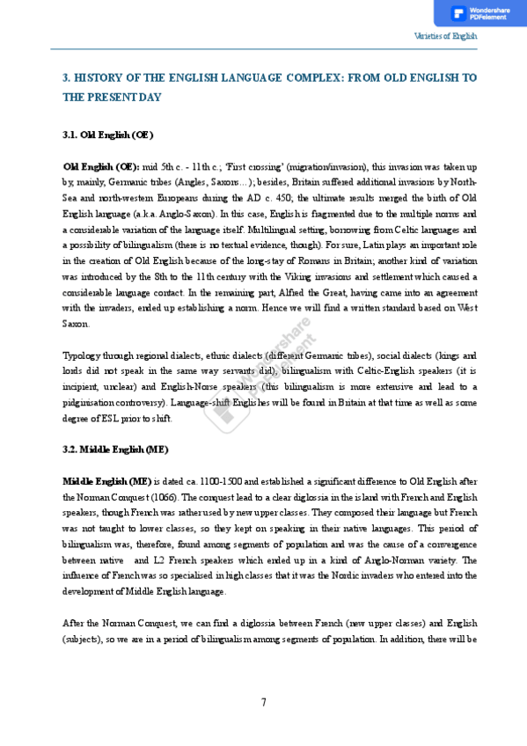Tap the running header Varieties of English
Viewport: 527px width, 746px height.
445,36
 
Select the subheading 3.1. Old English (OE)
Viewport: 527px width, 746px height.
107,135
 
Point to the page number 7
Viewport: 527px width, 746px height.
263,702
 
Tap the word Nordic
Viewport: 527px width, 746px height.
312,575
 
